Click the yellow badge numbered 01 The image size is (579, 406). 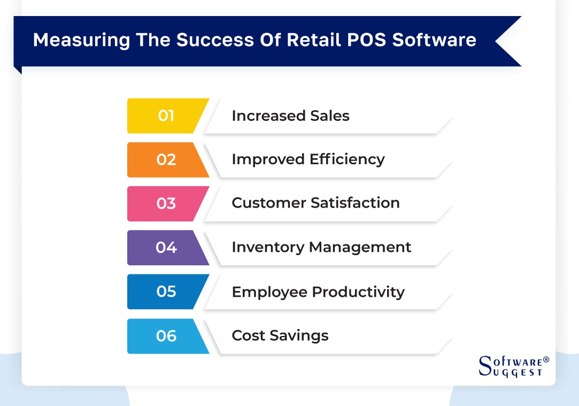coord(166,116)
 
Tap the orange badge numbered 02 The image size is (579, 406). coord(166,159)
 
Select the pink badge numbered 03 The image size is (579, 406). coord(166,203)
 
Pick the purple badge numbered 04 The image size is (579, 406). coord(166,247)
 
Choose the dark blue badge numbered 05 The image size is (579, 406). coord(166,292)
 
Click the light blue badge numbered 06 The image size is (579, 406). coord(166,336)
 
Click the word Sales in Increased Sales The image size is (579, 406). coord(330,116)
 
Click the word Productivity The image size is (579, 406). coord(358,292)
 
